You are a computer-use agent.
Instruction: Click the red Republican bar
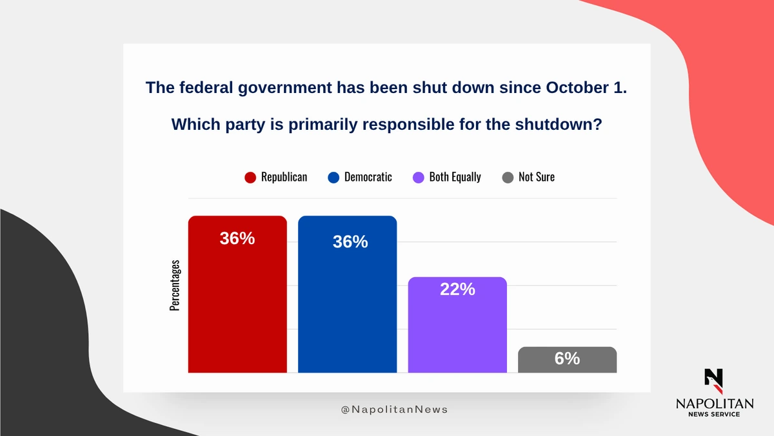point(237,304)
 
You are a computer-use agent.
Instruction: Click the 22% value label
point(457,290)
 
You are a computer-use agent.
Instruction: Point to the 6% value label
point(567,358)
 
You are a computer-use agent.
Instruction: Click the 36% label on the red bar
point(237,238)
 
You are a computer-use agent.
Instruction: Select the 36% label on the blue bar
point(350,242)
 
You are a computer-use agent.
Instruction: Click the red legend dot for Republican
point(250,178)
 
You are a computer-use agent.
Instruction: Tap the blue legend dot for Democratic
point(333,178)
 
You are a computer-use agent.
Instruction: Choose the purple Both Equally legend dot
point(418,178)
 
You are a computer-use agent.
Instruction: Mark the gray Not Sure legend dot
point(508,178)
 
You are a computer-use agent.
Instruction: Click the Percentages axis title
point(175,285)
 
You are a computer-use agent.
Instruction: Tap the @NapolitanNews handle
point(394,410)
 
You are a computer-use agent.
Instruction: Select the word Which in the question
point(193,124)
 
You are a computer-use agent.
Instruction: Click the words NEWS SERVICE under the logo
point(714,414)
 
